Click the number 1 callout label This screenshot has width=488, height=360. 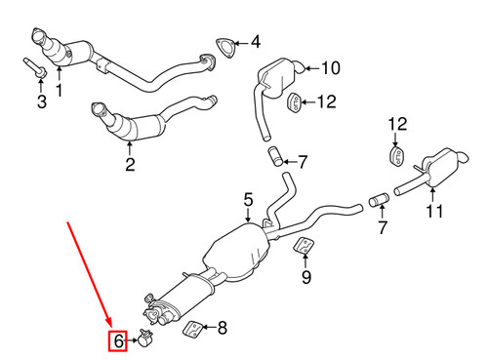pos(58,92)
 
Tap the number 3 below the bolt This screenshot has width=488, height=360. pos(41,100)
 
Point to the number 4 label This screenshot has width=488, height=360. pos(255,42)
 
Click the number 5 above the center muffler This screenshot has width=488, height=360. pos(248,200)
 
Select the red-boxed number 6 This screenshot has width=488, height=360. pos(117,341)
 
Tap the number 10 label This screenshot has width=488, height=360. pos(329,68)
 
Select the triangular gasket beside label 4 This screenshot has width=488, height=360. pos(225,45)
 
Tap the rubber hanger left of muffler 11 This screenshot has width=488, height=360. pos(396,159)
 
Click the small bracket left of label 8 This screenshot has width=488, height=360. pos(195,328)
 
